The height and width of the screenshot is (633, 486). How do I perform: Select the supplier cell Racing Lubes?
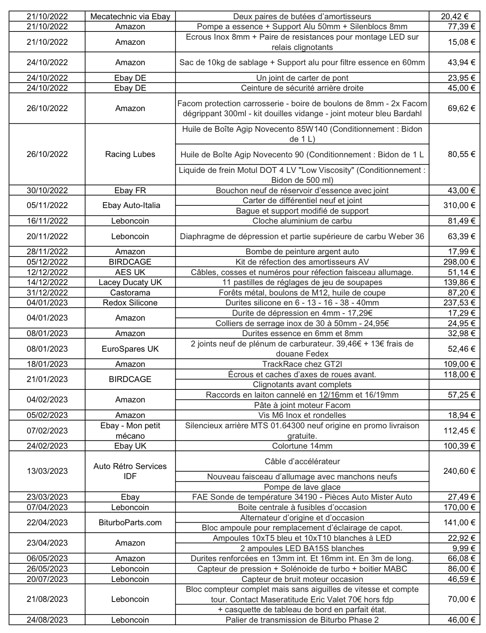(x=130, y=154)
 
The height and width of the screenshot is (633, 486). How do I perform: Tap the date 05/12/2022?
(x=47, y=262)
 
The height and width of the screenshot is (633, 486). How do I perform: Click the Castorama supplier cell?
(x=130, y=293)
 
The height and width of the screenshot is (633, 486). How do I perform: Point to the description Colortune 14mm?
(x=302, y=446)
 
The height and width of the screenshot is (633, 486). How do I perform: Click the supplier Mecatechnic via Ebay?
(x=130, y=17)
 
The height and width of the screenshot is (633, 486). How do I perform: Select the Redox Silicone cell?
(x=130, y=303)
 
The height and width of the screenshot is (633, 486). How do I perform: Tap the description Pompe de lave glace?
(x=302, y=487)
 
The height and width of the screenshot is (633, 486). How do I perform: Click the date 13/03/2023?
(x=47, y=471)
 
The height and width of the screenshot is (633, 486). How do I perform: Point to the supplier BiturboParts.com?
(x=130, y=523)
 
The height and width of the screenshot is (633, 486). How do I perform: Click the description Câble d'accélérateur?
(x=302, y=462)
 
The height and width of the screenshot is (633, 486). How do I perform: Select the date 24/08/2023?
(x=47, y=620)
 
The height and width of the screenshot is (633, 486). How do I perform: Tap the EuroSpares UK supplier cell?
(x=130, y=349)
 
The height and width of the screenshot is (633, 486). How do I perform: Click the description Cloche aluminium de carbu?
(x=302, y=221)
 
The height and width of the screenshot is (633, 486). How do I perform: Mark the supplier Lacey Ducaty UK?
(x=130, y=282)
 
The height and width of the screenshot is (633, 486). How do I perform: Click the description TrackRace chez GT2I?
(x=302, y=364)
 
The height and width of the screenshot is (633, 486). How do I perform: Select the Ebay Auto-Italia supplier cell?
(x=130, y=205)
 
